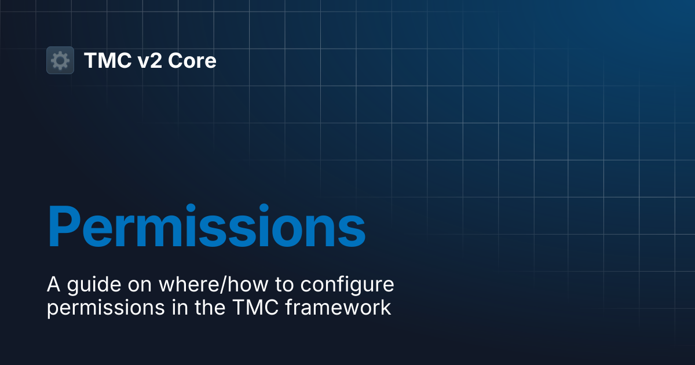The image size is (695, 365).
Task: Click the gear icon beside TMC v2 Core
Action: click(x=60, y=60)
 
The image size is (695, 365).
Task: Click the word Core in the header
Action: click(x=192, y=60)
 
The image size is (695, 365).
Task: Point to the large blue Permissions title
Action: click(x=207, y=225)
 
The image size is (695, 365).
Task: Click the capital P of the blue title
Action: click(x=64, y=225)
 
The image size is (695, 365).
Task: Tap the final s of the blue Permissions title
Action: click(x=351, y=231)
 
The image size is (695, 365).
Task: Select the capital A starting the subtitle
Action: click(x=53, y=284)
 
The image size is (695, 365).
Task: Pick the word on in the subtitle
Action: click(x=140, y=286)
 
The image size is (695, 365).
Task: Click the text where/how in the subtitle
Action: click(x=214, y=284)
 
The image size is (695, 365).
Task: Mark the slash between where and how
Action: click(x=223, y=284)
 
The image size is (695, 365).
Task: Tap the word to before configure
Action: click(x=284, y=285)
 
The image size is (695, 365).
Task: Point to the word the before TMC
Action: click(x=210, y=307)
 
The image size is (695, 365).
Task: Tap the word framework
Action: click(x=338, y=307)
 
